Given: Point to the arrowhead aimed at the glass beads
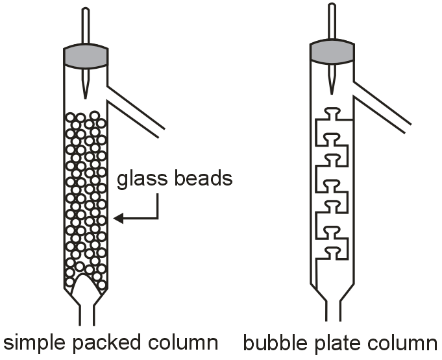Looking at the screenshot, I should pyautogui.click(x=117, y=219).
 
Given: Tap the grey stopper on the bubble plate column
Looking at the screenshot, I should pyautogui.click(x=332, y=53).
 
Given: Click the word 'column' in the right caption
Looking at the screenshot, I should pyautogui.click(x=403, y=342).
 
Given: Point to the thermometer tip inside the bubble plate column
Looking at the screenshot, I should pyautogui.click(x=332, y=89).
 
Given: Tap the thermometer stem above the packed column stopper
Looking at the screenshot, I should pyautogui.click(x=86, y=26).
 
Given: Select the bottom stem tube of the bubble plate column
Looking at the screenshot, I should pyautogui.click(x=332, y=310).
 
